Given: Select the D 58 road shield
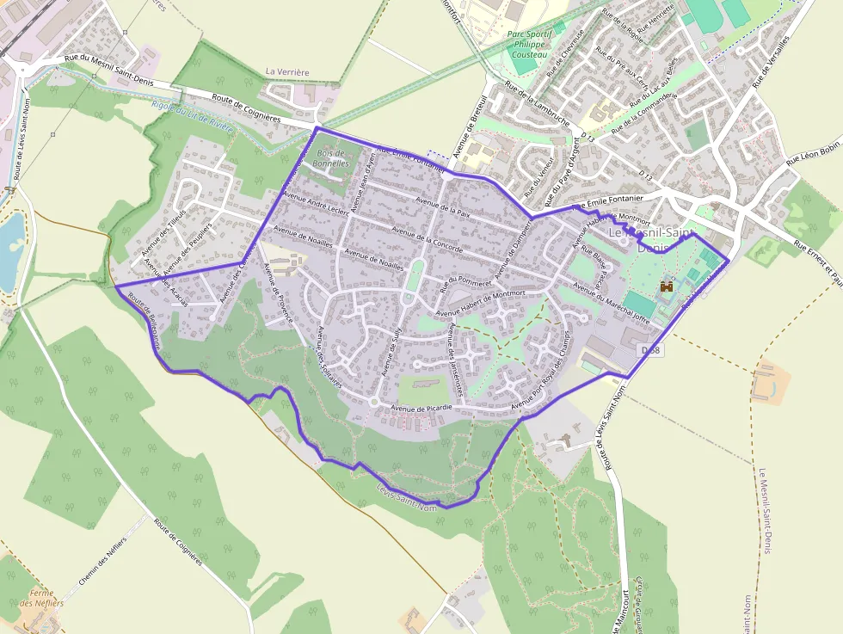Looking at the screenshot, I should [x=651, y=350].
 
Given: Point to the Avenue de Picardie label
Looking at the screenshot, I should [x=421, y=408].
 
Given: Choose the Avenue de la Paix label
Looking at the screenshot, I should [x=442, y=206].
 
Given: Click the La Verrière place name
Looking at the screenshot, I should [x=287, y=72].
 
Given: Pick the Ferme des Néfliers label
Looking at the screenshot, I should [x=42, y=598].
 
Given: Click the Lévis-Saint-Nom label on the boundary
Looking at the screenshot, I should [x=407, y=498].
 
